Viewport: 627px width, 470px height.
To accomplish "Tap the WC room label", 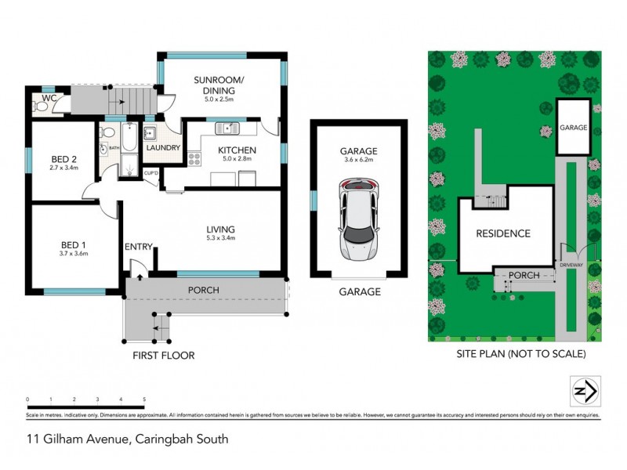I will tap(49, 98).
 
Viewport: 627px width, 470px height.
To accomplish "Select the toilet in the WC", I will tap(38, 107).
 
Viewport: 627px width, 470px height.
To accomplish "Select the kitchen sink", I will tap(229, 128).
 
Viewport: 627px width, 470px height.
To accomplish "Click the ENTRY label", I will tap(138, 248).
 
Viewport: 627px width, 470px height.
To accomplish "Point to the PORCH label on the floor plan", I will tap(202, 291).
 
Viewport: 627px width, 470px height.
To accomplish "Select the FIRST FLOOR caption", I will tap(164, 355).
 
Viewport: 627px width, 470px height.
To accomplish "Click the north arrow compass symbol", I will tap(584, 389).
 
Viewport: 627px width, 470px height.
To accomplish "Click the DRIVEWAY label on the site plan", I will tap(571, 266).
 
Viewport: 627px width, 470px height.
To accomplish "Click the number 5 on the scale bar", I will tap(144, 399).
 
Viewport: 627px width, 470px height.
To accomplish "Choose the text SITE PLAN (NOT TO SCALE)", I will tap(521, 354).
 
